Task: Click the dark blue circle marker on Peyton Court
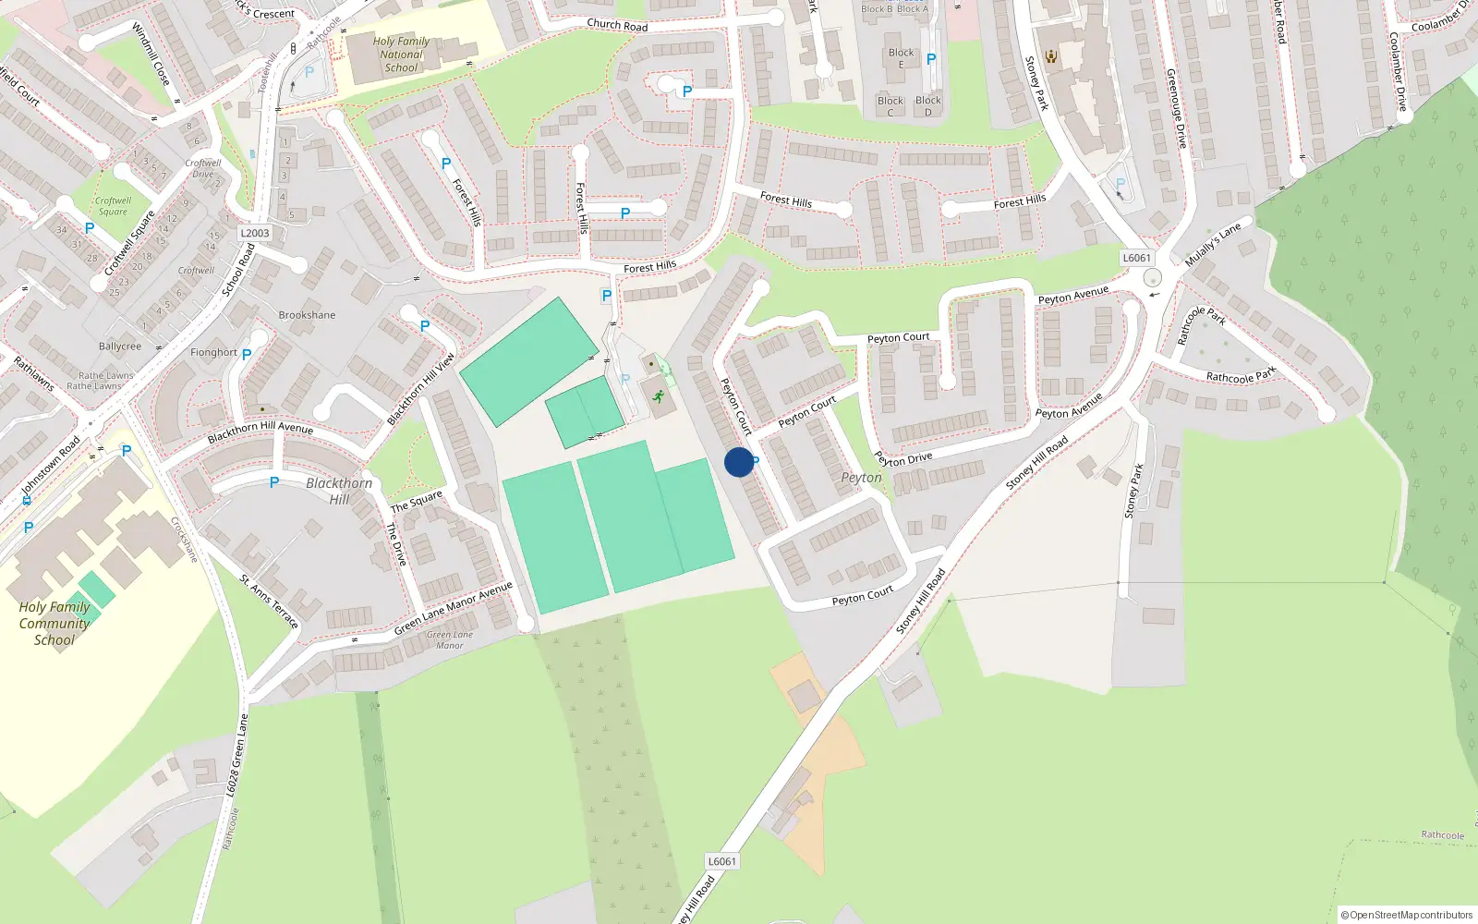click(739, 462)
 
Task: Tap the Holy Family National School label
click(401, 55)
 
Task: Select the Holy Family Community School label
click(55, 623)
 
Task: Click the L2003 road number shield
click(255, 233)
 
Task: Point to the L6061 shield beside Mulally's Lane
click(1136, 258)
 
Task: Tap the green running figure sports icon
click(659, 397)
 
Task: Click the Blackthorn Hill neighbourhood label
click(339, 491)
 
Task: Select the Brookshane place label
click(307, 315)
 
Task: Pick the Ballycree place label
click(120, 346)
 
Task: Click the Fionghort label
click(213, 352)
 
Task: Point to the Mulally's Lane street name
click(1213, 244)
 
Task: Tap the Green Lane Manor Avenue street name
click(453, 608)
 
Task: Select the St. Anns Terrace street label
click(269, 602)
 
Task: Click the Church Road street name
click(617, 25)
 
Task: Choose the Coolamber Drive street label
click(1398, 72)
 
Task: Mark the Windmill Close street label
click(151, 55)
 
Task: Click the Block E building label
click(901, 58)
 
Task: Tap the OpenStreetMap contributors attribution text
click(1406, 915)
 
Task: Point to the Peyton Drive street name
click(903, 458)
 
